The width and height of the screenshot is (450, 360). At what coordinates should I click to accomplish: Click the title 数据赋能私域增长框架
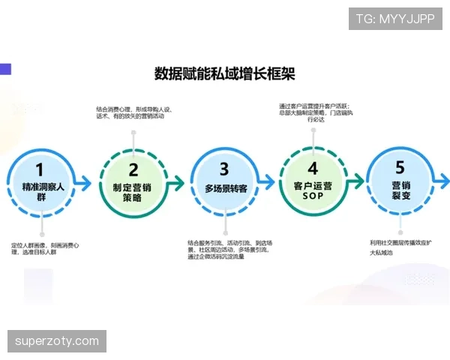click(224, 73)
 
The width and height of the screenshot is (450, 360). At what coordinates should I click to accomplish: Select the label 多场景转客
click(224, 190)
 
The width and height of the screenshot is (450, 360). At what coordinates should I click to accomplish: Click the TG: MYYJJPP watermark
click(394, 18)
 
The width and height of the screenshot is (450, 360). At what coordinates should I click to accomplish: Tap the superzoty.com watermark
click(57, 341)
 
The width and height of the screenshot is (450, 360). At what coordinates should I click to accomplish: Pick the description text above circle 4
click(313, 112)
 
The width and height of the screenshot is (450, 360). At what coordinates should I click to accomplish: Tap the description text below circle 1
click(45, 249)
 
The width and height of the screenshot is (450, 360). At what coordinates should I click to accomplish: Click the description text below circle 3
click(226, 250)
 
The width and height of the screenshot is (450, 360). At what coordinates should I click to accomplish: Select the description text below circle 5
click(402, 247)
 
